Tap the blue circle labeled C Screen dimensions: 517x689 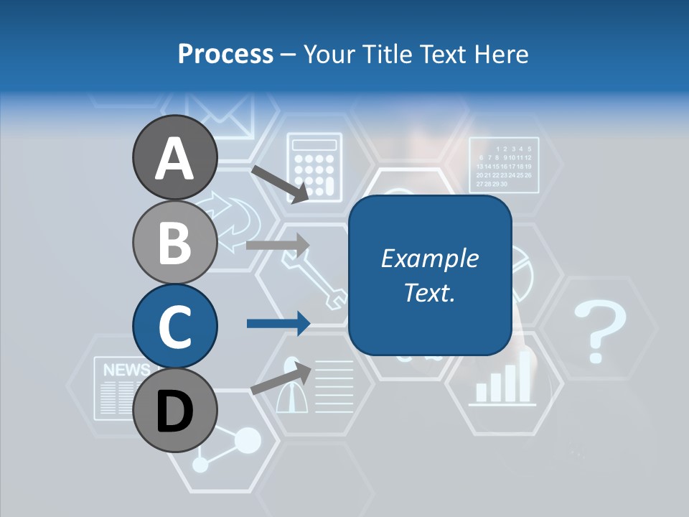click(x=174, y=326)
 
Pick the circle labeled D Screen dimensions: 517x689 click(x=174, y=410)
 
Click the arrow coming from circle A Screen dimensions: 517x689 click(x=280, y=184)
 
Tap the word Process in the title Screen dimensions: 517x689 click(x=225, y=54)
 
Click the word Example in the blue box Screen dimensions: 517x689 click(x=429, y=258)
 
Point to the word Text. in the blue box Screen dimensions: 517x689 click(x=429, y=292)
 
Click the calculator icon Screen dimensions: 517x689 click(x=312, y=165)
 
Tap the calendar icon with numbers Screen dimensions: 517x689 click(x=504, y=164)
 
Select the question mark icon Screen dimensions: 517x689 click(x=599, y=331)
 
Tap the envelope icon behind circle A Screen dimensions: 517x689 click(x=222, y=118)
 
